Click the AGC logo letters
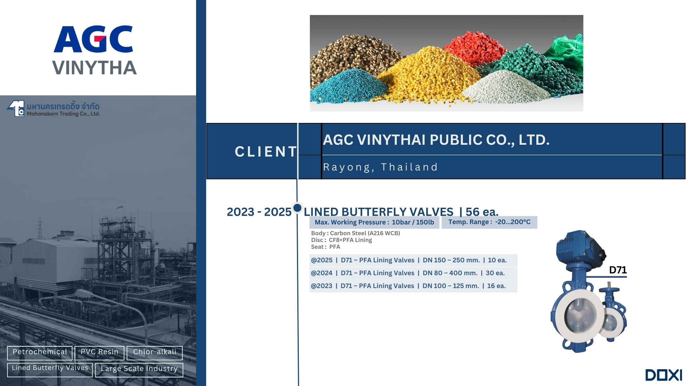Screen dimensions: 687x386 tap(93, 39)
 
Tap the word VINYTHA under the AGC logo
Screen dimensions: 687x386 tap(94, 68)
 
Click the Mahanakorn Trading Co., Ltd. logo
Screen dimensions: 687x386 tap(53, 109)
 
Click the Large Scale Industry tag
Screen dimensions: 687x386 tap(139, 370)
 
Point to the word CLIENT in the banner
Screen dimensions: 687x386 tap(266, 152)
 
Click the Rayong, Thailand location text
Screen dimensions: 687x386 tap(380, 167)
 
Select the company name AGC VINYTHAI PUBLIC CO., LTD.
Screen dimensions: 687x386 tap(436, 140)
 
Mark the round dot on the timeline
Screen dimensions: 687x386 tap(297, 208)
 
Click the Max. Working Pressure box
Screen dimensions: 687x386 tap(374, 222)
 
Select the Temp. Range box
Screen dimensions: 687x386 tap(489, 222)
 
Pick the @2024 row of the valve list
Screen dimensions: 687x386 tap(413, 273)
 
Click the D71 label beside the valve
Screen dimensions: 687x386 tap(618, 270)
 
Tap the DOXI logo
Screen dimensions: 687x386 tap(664, 375)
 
